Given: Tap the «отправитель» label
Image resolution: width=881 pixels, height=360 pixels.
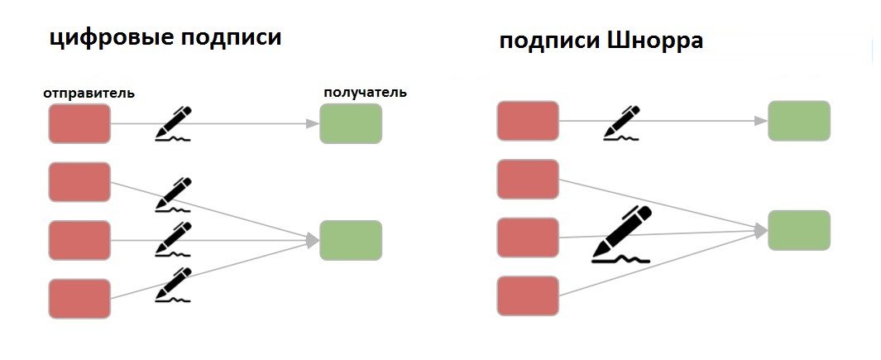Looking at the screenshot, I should [x=89, y=93].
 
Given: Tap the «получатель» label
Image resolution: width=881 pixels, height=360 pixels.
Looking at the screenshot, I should [x=365, y=92].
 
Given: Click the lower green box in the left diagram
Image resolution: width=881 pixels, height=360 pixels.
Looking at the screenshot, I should [x=350, y=240].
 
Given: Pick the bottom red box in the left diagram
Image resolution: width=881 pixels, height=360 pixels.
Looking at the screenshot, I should [x=79, y=299].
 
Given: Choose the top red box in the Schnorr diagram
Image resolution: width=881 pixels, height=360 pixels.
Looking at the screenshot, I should [x=528, y=121].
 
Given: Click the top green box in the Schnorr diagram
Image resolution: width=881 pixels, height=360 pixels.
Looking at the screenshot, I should [x=798, y=121].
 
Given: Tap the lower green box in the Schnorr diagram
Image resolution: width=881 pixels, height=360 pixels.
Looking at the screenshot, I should [x=798, y=230].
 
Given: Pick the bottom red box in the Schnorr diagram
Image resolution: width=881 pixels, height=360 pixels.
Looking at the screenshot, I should [x=528, y=295].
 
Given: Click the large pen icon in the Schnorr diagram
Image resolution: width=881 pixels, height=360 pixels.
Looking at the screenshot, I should [x=622, y=234].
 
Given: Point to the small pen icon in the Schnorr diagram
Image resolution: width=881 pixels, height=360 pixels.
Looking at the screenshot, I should [x=622, y=122].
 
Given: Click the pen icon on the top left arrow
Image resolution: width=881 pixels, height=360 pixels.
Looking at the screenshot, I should [x=173, y=124].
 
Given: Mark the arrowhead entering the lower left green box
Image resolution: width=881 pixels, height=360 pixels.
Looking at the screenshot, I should [x=313, y=240].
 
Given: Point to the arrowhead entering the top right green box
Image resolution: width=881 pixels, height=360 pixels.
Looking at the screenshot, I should [x=761, y=121].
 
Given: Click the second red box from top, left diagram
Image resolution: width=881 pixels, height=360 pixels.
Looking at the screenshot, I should [x=79, y=182].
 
